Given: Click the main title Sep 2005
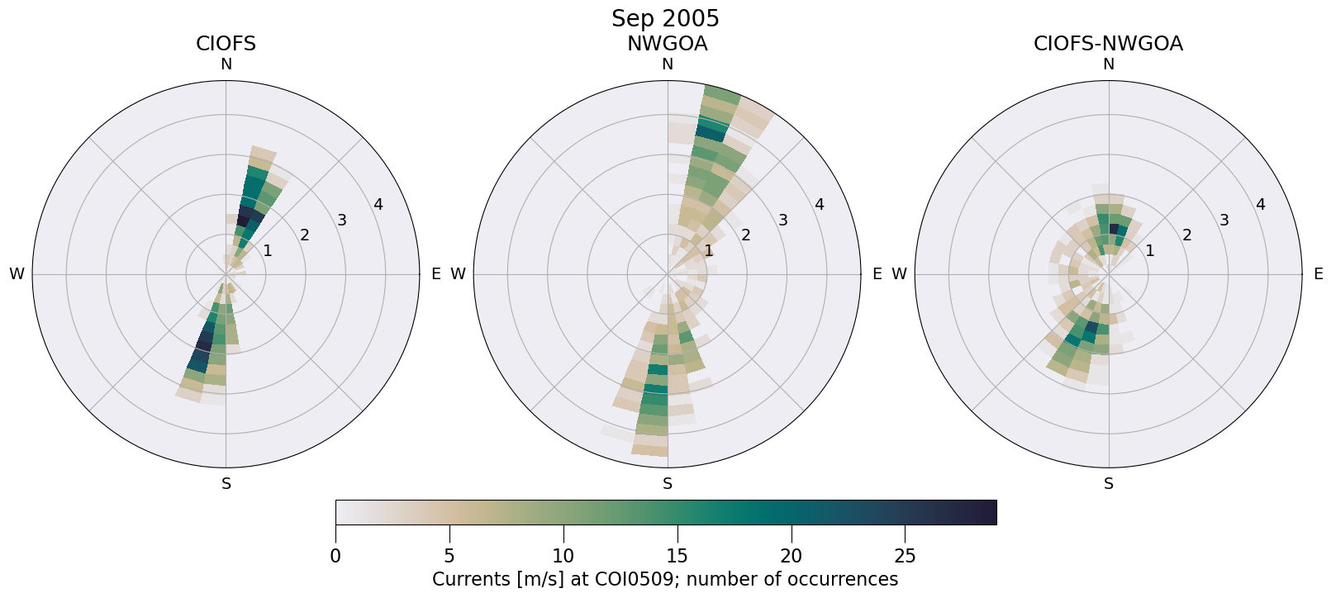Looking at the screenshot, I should pos(665,18).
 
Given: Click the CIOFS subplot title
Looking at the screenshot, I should pos(226,44).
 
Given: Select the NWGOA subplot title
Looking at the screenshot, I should pos(667,44).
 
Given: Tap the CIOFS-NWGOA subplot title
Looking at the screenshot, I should pos(1108,44).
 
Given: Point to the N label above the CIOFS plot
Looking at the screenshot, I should pos(226,64).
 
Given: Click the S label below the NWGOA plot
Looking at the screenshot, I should pos(667,484).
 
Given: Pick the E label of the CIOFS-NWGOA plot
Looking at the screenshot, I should pos(1318,274).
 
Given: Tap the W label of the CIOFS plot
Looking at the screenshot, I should pos(17,274).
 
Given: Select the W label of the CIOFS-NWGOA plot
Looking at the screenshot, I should pos(899,274).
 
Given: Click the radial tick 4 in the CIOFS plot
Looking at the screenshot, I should pos(378,204).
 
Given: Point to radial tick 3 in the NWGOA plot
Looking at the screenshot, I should pos(782,220).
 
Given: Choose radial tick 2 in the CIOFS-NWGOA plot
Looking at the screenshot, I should pos(1187,235).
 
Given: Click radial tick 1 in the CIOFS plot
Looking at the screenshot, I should pos(267,250).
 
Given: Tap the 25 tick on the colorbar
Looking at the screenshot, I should pos(905,556).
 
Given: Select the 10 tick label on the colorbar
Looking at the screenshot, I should pos(563,556).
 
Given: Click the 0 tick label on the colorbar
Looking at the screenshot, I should pos(335,556).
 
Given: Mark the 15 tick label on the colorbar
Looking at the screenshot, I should pos(677,556).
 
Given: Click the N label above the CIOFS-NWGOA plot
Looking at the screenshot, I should pos(1108,64).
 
